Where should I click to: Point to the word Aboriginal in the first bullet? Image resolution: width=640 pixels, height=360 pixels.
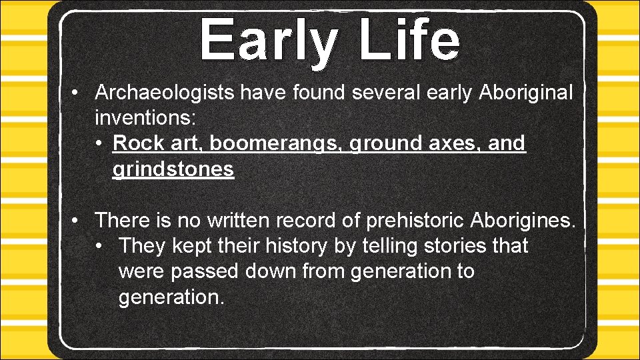click(x=525, y=93)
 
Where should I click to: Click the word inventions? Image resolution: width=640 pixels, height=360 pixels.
click(x=145, y=118)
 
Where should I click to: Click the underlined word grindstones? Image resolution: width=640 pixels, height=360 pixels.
click(x=173, y=169)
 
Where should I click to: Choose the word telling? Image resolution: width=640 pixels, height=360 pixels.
click(x=386, y=245)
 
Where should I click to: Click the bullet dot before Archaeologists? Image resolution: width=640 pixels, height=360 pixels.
click(x=78, y=93)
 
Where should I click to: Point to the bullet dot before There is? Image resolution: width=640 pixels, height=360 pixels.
click(x=78, y=219)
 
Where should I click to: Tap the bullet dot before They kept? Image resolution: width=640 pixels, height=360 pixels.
click(x=100, y=245)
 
